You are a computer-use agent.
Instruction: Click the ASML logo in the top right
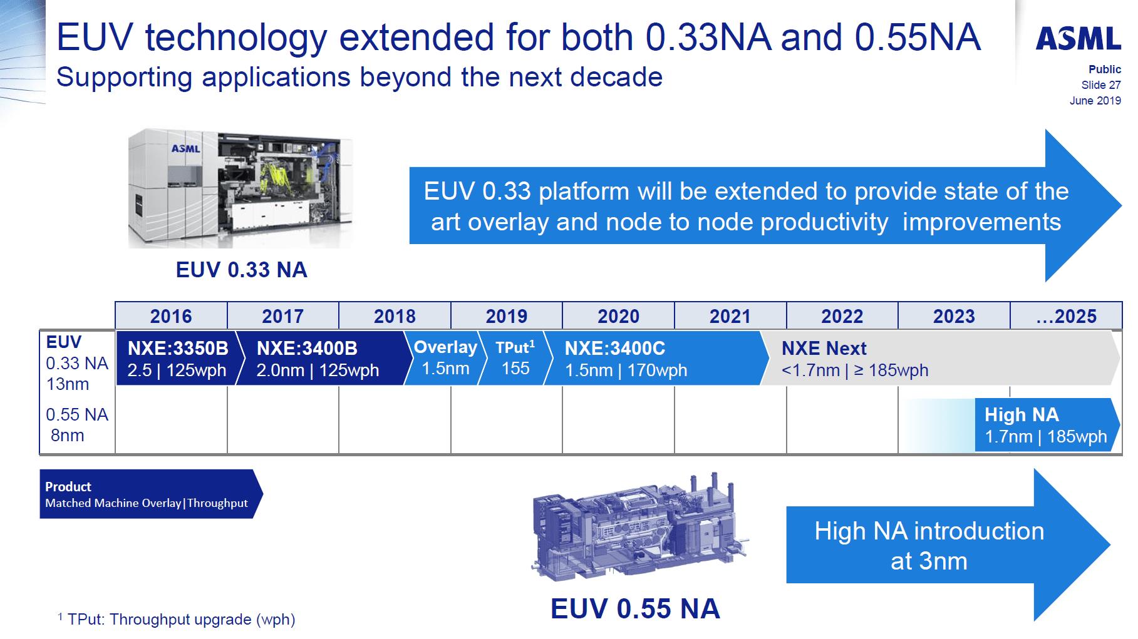[1078, 38]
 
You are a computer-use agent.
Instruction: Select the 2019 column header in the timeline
[506, 316]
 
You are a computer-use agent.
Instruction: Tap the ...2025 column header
[1065, 316]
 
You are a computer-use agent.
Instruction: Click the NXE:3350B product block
[177, 359]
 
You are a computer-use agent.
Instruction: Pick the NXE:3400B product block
[318, 359]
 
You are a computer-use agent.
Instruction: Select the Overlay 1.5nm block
[445, 358]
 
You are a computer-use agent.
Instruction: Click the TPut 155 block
[515, 358]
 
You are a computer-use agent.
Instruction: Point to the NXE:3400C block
[626, 359]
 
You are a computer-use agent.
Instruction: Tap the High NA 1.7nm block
[1045, 425]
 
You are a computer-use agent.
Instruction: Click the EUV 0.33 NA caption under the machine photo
[241, 270]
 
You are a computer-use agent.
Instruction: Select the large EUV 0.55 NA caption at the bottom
[634, 609]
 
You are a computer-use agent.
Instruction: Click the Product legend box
[147, 494]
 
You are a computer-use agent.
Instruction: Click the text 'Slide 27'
[1100, 85]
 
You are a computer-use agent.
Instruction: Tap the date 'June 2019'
[1095, 101]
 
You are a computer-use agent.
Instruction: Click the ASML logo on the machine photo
[185, 149]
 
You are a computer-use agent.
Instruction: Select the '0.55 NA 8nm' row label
[76, 425]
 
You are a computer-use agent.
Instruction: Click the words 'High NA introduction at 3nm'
[929, 546]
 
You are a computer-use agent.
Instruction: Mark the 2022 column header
[842, 316]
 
